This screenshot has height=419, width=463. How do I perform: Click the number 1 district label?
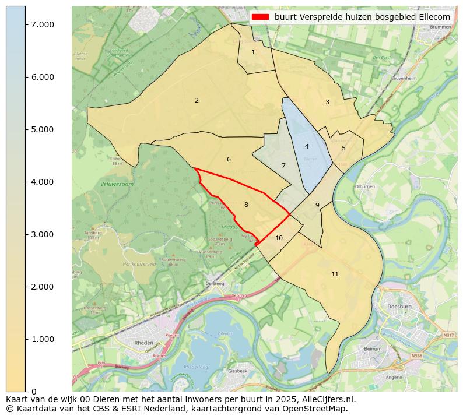point(253,52)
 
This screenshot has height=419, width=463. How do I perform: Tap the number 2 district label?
point(197,100)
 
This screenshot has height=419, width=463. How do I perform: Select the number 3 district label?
point(327,103)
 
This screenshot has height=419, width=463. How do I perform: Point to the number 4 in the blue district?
point(307,146)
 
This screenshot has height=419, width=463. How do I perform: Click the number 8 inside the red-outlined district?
point(246,205)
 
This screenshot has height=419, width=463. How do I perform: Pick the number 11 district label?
point(335,274)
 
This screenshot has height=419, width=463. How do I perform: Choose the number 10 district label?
point(279,238)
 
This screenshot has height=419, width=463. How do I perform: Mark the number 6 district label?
point(229,159)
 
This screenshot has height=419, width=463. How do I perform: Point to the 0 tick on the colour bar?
point(34,391)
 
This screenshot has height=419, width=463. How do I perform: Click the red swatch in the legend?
point(260,17)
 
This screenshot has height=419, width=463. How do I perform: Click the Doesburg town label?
point(399,307)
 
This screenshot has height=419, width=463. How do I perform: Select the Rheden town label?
point(143,343)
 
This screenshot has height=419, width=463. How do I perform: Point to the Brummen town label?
point(440,27)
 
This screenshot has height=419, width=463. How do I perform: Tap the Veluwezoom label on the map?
point(114,184)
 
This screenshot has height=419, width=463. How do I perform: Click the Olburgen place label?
point(364,186)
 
